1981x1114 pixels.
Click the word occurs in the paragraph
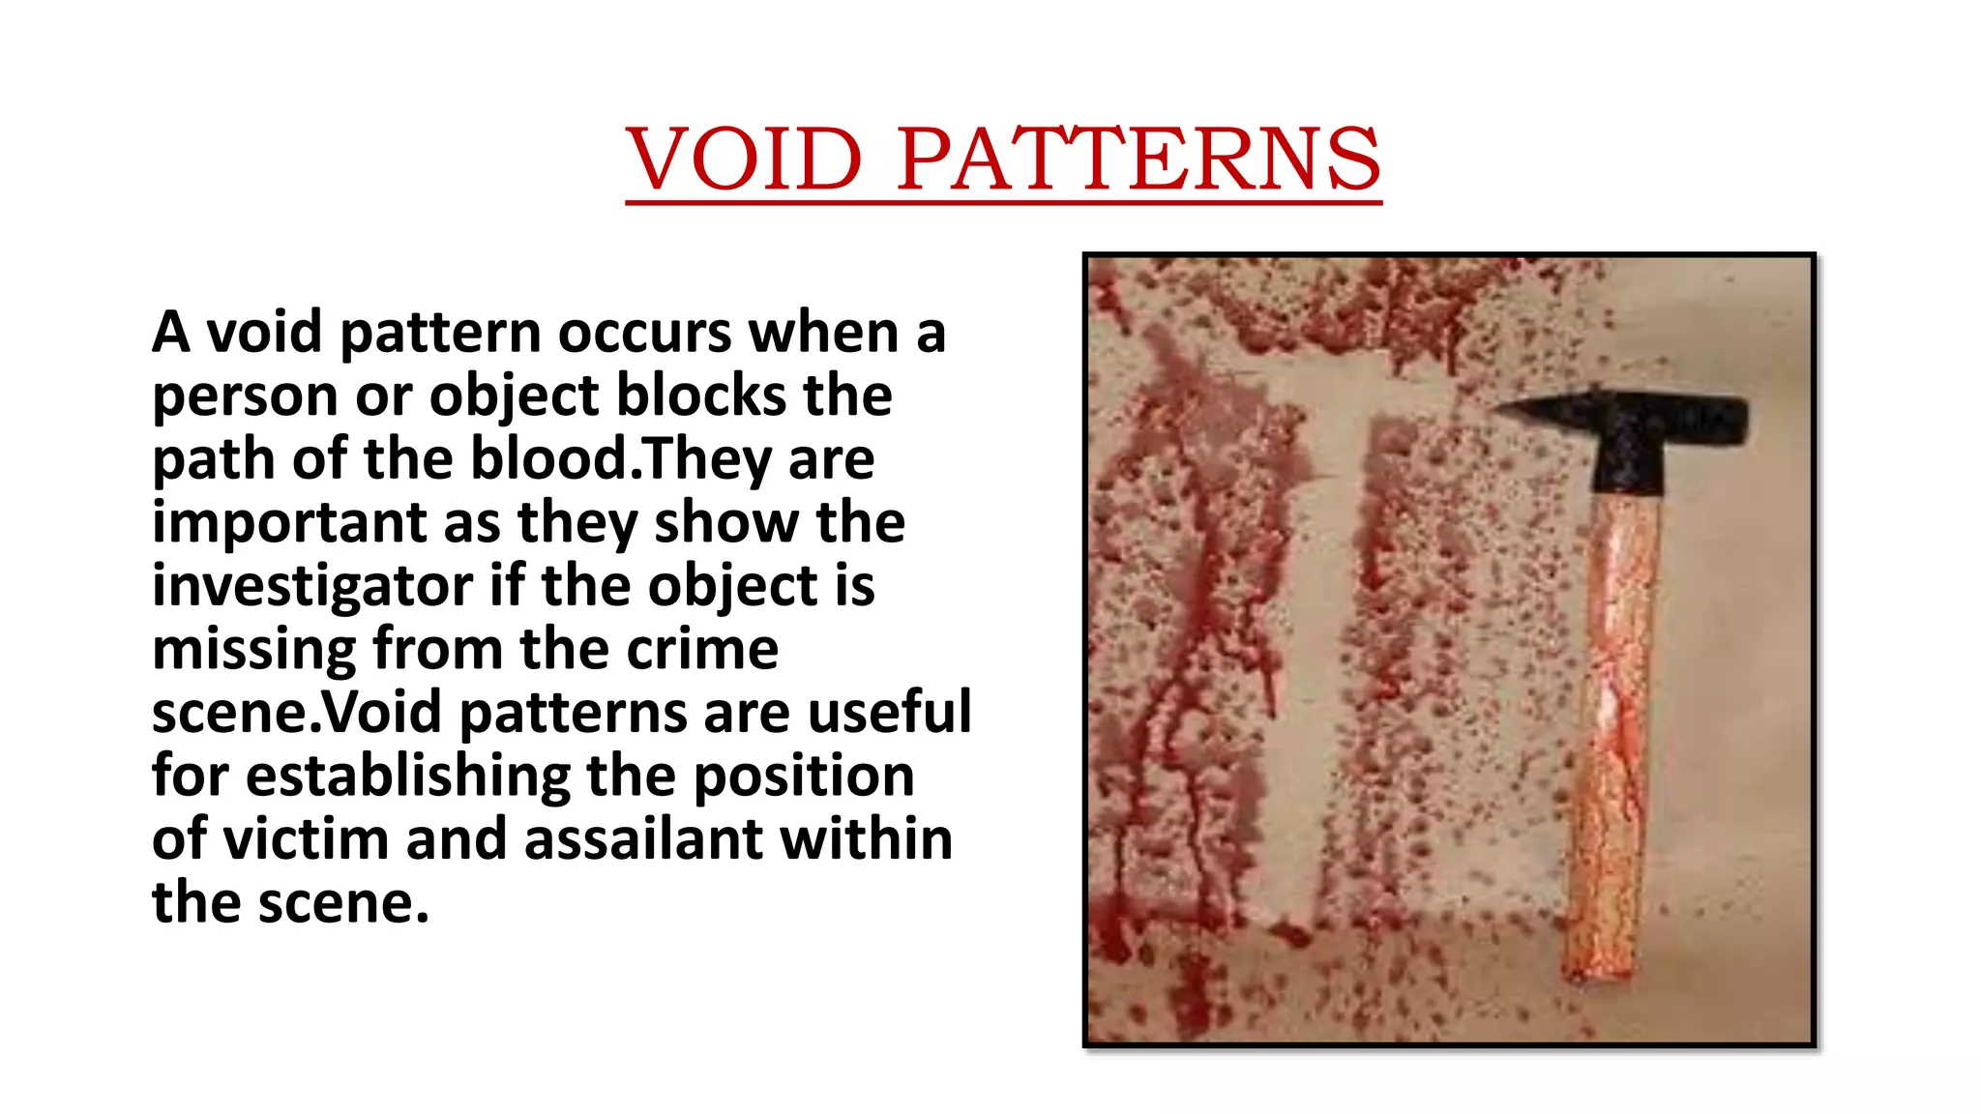click(644, 333)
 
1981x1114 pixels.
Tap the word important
click(289, 523)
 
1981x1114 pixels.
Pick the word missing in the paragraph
click(254, 649)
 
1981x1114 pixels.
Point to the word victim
click(306, 839)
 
